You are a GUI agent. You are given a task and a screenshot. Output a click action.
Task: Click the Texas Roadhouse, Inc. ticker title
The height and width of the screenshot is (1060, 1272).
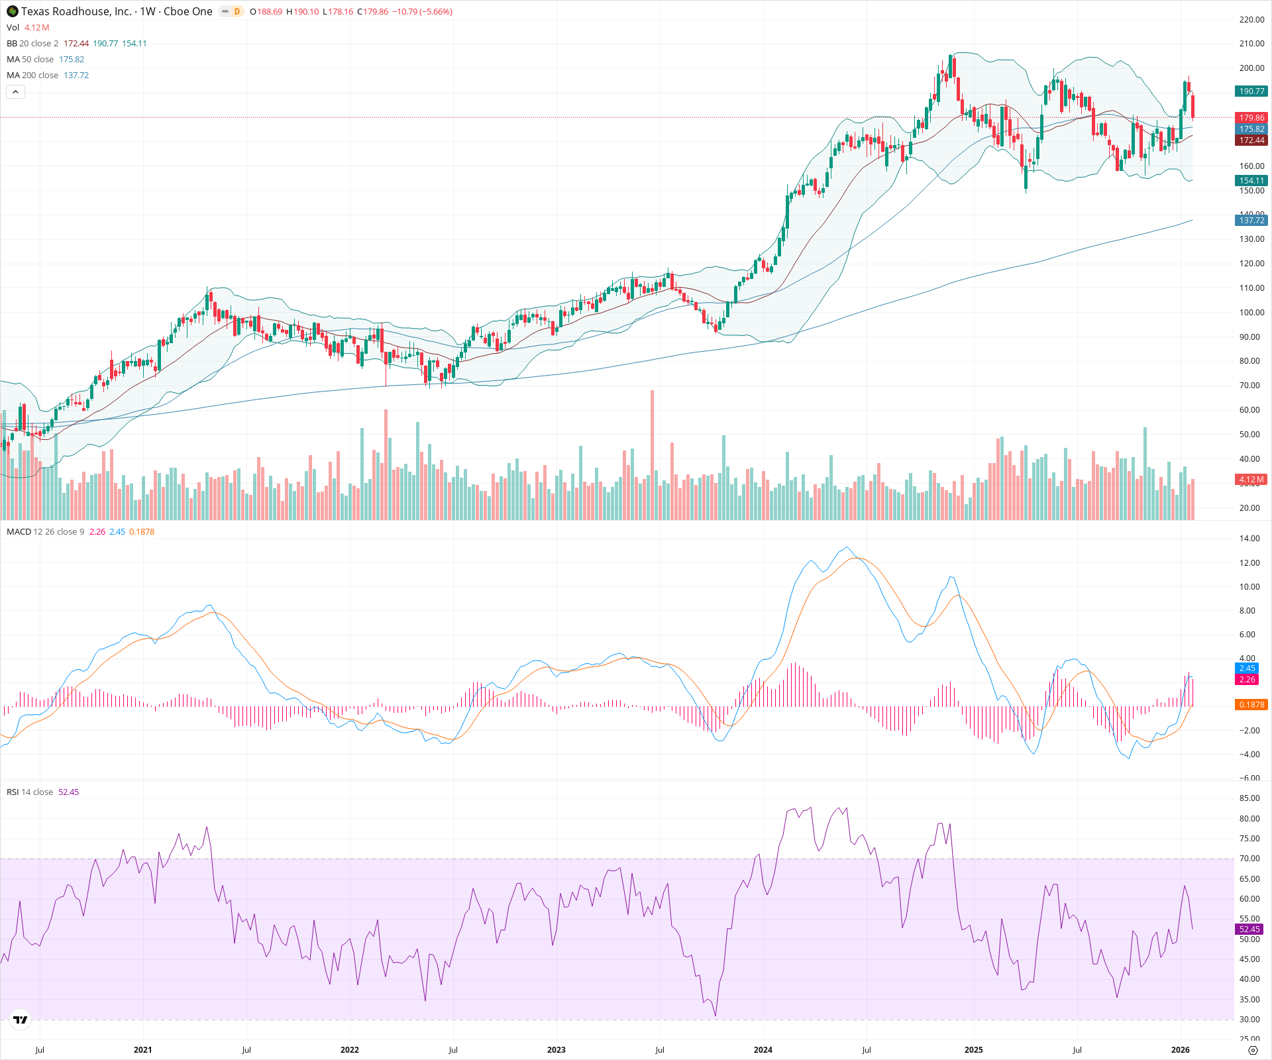tap(76, 11)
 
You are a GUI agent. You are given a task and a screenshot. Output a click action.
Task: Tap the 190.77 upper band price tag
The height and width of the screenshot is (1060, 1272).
tap(1251, 91)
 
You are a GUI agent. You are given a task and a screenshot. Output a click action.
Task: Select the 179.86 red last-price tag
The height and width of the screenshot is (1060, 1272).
tap(1251, 118)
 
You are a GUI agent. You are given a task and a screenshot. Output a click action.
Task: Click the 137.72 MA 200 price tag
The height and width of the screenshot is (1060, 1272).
tap(1251, 221)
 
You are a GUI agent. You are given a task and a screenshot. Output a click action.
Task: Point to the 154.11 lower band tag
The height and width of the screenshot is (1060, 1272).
tap(1251, 181)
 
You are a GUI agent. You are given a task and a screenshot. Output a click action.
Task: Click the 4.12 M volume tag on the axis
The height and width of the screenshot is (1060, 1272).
tap(1251, 480)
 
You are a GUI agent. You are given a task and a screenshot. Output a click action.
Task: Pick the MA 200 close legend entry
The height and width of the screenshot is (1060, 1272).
tap(32, 76)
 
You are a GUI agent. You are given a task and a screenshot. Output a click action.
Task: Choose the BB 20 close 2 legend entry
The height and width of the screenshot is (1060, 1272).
tap(32, 44)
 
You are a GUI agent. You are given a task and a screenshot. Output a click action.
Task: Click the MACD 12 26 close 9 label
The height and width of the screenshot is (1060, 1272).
tap(45, 532)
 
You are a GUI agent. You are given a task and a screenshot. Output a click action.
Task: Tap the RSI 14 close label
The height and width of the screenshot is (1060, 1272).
tap(30, 792)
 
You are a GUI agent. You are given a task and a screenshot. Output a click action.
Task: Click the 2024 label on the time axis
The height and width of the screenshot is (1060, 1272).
tap(763, 1050)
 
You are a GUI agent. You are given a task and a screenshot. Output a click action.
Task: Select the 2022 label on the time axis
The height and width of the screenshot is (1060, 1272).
tap(349, 1050)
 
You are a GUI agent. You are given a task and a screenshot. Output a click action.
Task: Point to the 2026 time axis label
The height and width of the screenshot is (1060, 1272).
tap(1180, 1050)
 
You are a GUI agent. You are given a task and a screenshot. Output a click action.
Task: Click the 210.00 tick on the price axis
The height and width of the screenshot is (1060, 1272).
tap(1251, 44)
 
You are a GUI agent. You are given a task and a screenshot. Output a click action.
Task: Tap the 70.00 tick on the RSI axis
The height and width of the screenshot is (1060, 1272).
tap(1249, 859)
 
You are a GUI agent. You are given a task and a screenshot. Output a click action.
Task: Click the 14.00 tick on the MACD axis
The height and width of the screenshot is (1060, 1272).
tap(1249, 539)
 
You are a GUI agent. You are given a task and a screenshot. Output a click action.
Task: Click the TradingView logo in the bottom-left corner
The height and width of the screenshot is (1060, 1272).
tap(21, 1020)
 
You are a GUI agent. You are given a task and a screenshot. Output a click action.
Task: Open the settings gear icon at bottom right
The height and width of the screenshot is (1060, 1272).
tap(1252, 1050)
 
